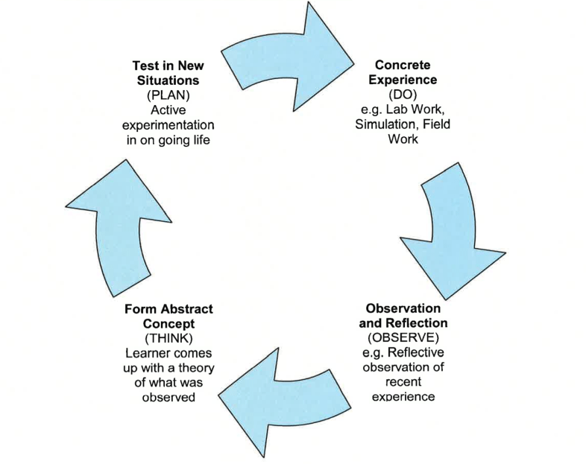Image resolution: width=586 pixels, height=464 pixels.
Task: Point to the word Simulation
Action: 384,124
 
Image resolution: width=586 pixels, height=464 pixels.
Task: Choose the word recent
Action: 403,381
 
